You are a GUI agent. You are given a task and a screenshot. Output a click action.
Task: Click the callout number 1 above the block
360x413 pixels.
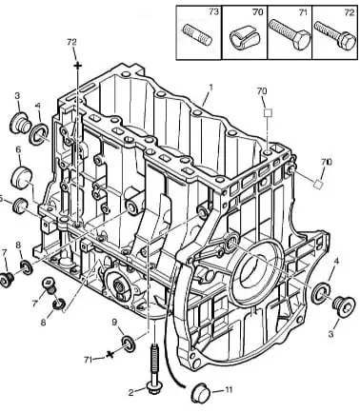pyautogui.click(x=210, y=88)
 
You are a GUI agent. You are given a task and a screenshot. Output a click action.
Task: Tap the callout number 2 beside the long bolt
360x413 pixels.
pyautogui.click(x=131, y=392)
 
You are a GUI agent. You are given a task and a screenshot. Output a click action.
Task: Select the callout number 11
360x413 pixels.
pyautogui.click(x=229, y=389)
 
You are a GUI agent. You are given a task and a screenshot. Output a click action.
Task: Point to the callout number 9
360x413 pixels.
pyautogui.click(x=114, y=323)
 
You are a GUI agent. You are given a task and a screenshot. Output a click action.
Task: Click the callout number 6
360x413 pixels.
pyautogui.click(x=18, y=149)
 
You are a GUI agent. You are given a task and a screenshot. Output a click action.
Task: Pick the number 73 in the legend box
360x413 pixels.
pyautogui.click(x=214, y=11)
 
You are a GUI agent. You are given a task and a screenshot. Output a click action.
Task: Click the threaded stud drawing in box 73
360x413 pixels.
pyautogui.click(x=197, y=34)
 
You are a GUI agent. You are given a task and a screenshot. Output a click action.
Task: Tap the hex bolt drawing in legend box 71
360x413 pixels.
pyautogui.click(x=290, y=34)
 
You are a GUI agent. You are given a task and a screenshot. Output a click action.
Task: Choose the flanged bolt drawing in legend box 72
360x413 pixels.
pyautogui.click(x=335, y=35)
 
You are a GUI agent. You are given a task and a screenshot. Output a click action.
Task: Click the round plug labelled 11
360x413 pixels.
pyautogui.click(x=201, y=393)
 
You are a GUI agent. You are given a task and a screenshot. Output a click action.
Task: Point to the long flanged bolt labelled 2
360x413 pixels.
pyautogui.click(x=154, y=369)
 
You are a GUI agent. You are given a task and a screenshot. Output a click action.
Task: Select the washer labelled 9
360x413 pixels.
pyautogui.click(x=129, y=344)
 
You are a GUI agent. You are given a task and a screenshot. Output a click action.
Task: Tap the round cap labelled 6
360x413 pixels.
pyautogui.click(x=21, y=176)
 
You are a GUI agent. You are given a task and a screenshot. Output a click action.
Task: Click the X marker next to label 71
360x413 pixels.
pyautogui.click(x=110, y=354)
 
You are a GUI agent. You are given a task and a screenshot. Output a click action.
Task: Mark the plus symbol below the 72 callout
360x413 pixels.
pyautogui.click(x=78, y=66)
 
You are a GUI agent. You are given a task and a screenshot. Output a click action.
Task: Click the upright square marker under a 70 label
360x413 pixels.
pyautogui.click(x=269, y=113)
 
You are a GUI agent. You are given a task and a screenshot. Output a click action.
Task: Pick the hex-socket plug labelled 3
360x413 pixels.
pyautogui.click(x=344, y=306)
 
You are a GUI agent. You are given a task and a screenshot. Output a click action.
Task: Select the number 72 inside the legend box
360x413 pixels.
pyautogui.click(x=350, y=12)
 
